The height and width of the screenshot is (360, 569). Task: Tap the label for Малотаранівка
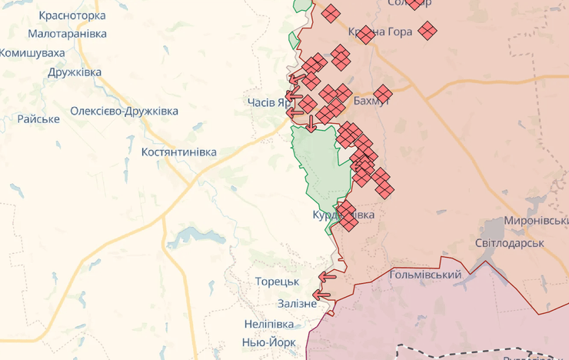[x=67, y=34]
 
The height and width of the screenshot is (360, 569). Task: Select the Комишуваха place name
[x=32, y=52]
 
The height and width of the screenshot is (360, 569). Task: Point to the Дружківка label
[x=75, y=72]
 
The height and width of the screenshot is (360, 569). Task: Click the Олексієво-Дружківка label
[x=124, y=111]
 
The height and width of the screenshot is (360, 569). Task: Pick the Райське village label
[x=38, y=118]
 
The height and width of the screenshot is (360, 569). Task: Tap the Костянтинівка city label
[x=179, y=152]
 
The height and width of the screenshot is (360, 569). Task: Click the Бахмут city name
[x=371, y=101]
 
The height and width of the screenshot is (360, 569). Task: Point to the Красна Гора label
[x=380, y=32]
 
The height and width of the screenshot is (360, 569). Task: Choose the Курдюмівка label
[x=344, y=215]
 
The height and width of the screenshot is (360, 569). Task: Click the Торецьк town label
[x=277, y=282]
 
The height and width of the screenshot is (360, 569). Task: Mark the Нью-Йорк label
[x=269, y=342]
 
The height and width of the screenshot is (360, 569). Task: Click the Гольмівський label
[x=425, y=275]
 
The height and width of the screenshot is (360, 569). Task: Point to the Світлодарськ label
[x=509, y=242]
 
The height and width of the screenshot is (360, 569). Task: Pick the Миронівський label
[x=536, y=221]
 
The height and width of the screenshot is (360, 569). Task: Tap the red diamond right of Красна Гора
[x=427, y=31]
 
